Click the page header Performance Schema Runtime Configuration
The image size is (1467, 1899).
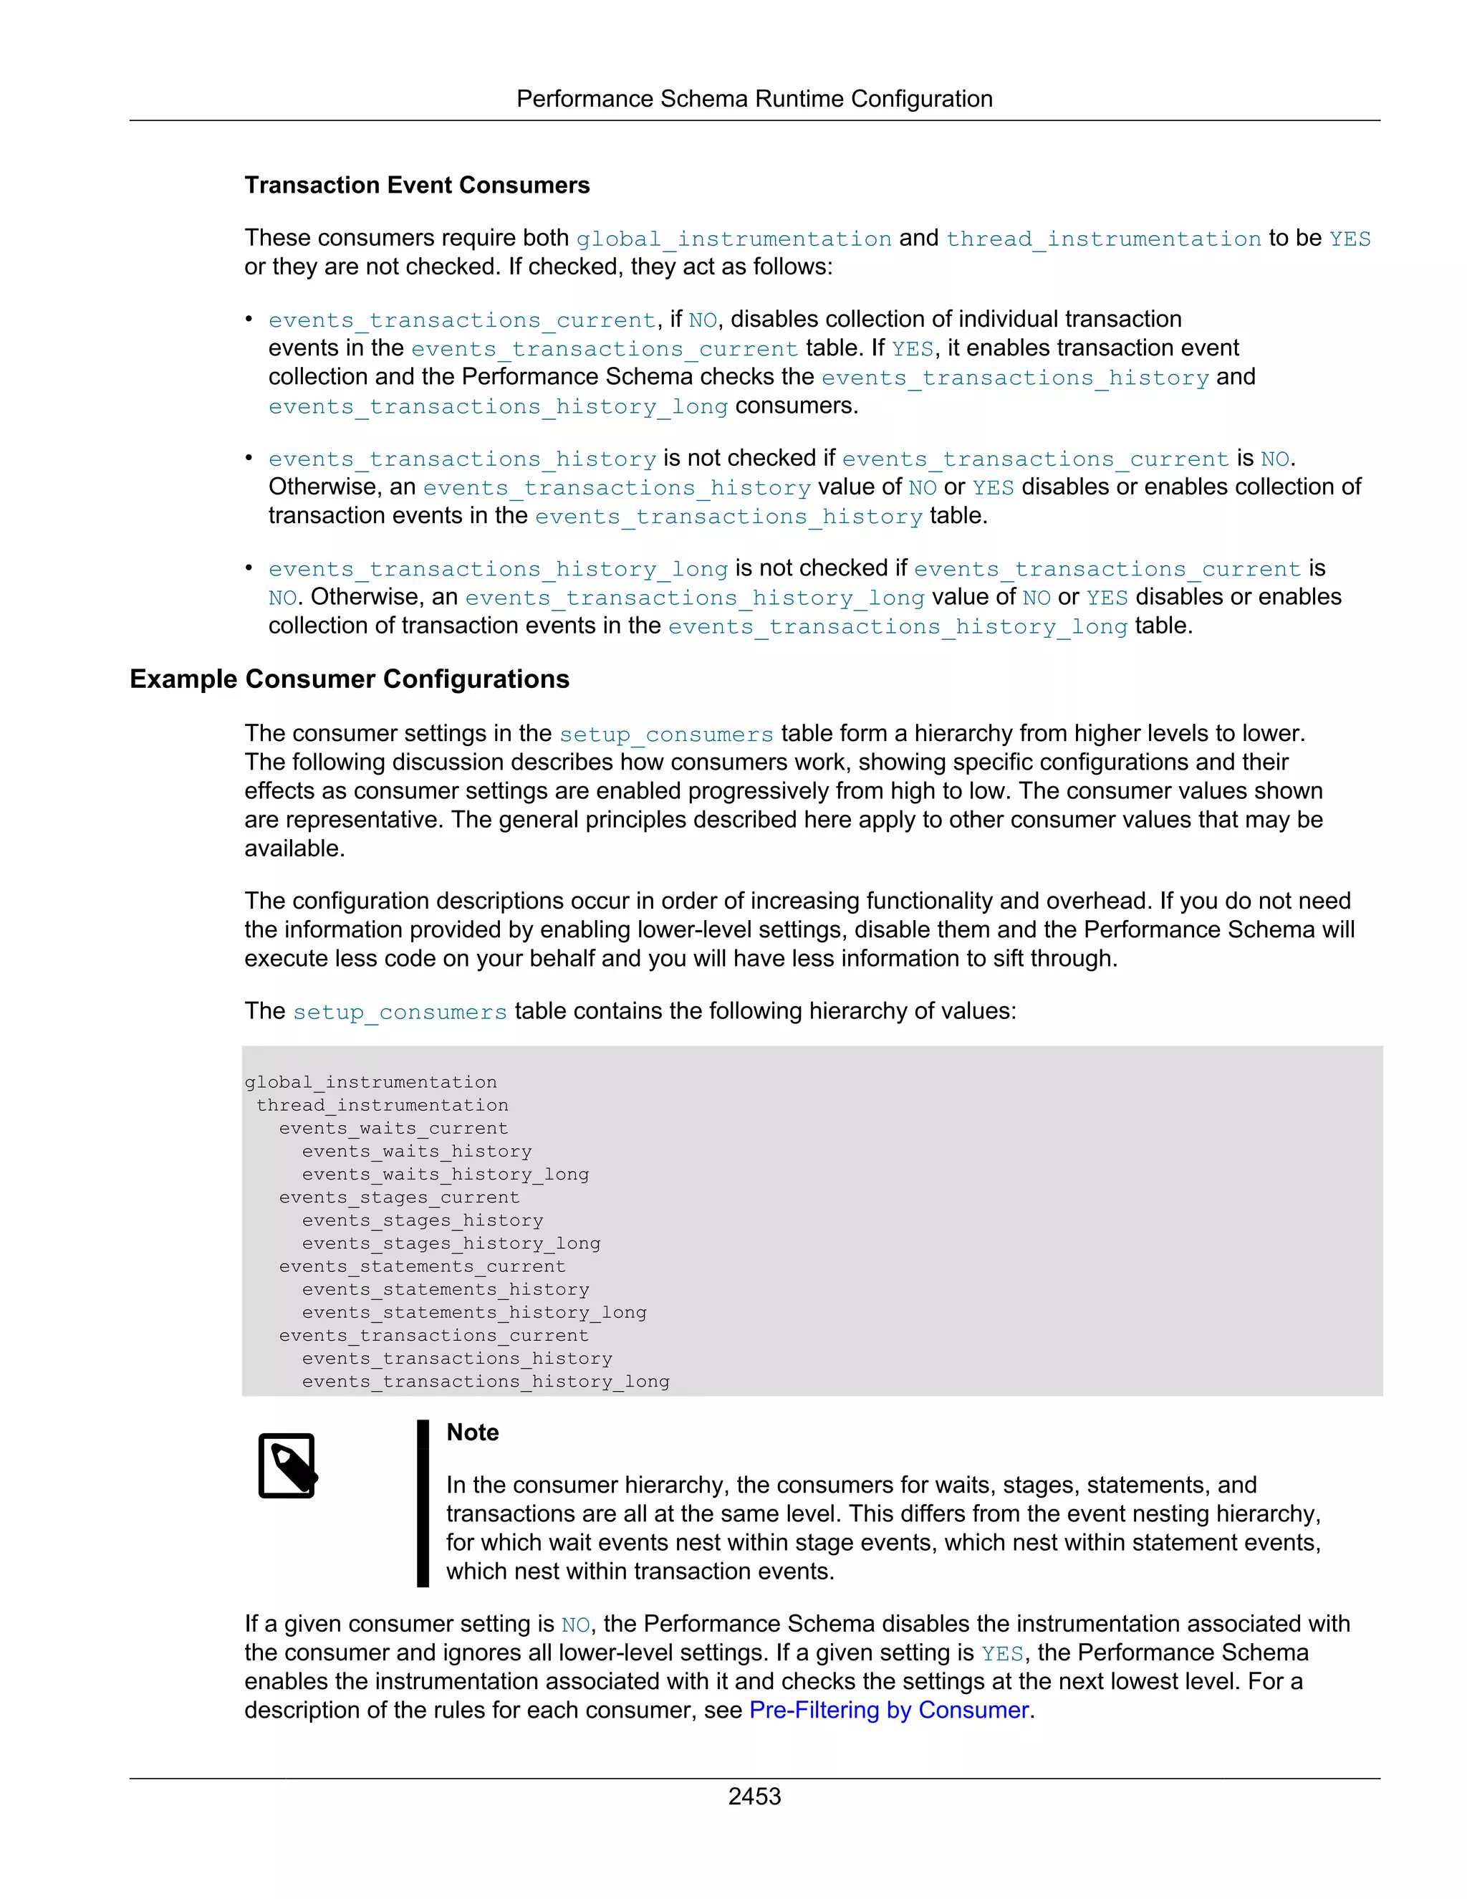pyautogui.click(x=754, y=99)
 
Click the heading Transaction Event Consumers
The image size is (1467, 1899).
pyautogui.click(x=416, y=185)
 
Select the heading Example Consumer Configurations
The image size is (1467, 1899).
pyautogui.click(x=349, y=679)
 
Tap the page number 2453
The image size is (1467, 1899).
pyautogui.click(x=754, y=1797)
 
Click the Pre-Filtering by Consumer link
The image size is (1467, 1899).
pyautogui.click(x=888, y=1711)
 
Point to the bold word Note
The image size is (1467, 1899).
pyautogui.click(x=472, y=1433)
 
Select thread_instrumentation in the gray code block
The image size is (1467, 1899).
pyautogui.click(x=382, y=1105)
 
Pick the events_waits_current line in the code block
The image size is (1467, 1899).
pyautogui.click(x=393, y=1129)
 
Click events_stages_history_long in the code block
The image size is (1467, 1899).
pyautogui.click(x=451, y=1243)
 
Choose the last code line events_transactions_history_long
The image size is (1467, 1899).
pyautogui.click(x=485, y=1382)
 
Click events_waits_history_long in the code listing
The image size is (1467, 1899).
pyautogui.click(x=445, y=1175)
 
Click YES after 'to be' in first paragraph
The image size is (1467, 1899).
pyautogui.click(x=1349, y=239)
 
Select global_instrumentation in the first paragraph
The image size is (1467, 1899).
pyautogui.click(x=733, y=239)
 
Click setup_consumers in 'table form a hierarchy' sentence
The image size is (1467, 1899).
pyautogui.click(x=665, y=735)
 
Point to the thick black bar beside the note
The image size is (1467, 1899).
pyautogui.click(x=423, y=1503)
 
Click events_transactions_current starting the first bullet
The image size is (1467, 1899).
pyautogui.click(x=461, y=320)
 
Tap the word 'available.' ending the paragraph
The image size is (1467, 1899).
pyautogui.click(x=294, y=848)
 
